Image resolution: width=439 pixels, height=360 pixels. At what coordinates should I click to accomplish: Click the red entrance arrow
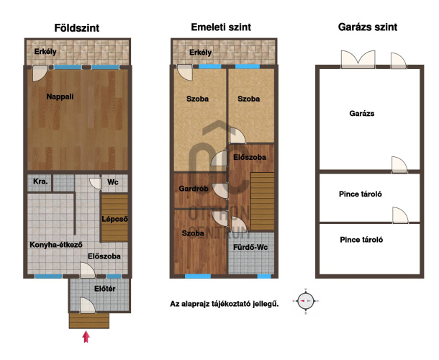tap(86, 337)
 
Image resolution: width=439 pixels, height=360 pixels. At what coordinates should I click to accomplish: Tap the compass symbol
tap(305, 301)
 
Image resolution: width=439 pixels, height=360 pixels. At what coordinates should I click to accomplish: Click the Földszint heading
tap(77, 28)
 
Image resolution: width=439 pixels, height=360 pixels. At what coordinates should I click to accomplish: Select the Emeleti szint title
tap(221, 27)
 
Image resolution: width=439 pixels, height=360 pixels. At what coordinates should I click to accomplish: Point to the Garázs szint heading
tap(368, 27)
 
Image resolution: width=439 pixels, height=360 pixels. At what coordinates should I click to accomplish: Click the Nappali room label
tap(60, 96)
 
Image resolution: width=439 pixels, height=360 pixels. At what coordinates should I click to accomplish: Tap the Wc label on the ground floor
tap(112, 182)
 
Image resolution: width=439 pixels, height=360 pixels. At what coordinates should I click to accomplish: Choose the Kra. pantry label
tap(40, 181)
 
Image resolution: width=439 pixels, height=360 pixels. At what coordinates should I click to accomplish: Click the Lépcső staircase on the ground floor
tap(114, 218)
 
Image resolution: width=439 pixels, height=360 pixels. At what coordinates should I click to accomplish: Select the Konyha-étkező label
tap(56, 245)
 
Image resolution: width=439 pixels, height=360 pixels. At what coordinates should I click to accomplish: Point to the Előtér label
tap(104, 289)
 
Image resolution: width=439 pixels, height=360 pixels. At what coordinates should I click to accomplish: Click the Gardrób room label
tap(194, 189)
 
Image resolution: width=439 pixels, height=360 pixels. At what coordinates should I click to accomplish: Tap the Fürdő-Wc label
tap(250, 248)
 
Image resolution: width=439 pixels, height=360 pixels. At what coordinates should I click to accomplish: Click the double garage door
tap(358, 59)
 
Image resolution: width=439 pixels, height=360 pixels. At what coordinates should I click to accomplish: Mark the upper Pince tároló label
tap(361, 194)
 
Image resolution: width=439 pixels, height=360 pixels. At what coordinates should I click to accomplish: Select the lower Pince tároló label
tap(361, 240)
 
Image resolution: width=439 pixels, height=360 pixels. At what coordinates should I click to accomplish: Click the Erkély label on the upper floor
tap(200, 53)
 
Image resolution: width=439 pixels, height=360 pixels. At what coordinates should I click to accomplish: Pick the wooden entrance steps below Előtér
tap(89, 321)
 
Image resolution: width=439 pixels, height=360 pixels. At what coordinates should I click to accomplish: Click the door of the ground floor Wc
tap(96, 184)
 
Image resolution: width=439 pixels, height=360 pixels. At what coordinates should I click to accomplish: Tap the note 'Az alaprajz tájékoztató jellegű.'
tap(225, 304)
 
